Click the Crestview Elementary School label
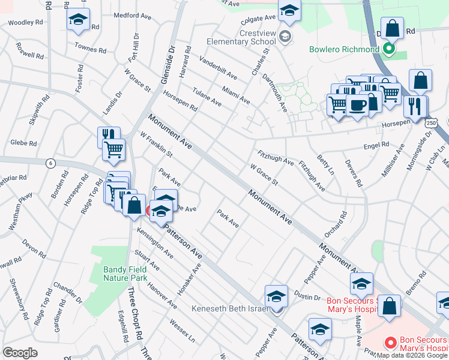click(240, 37)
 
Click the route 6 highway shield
click(50, 163)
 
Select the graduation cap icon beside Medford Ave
click(77, 21)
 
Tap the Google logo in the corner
click(20, 352)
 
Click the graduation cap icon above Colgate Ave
click(289, 10)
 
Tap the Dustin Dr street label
click(307, 296)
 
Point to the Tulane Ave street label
click(206, 98)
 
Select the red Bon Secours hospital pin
click(390, 343)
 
